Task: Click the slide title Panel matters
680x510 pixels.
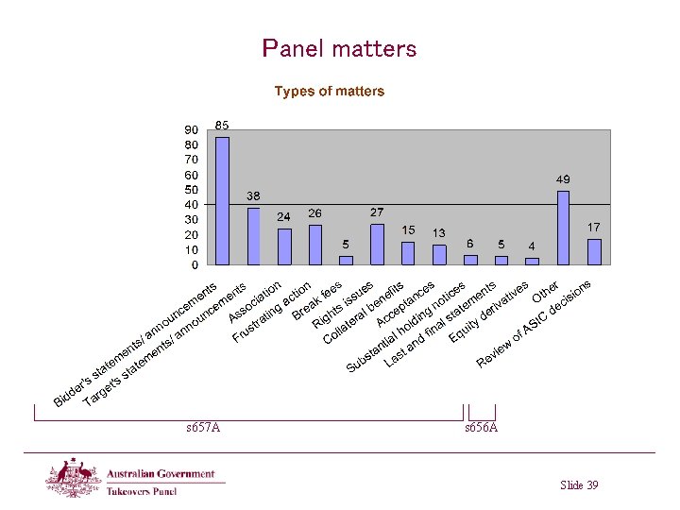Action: tap(339, 48)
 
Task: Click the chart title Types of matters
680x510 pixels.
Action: tap(330, 92)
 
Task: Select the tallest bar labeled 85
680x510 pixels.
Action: tap(222, 200)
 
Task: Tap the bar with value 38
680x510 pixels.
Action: tap(253, 236)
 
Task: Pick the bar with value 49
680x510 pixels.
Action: tap(563, 228)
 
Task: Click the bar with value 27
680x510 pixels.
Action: tap(377, 244)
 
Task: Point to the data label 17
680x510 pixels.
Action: tap(594, 228)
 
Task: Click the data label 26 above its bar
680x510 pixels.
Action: tap(315, 213)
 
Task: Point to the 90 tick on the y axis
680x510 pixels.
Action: tap(191, 130)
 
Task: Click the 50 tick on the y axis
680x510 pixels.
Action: tap(191, 190)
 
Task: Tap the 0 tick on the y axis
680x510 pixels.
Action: tap(195, 265)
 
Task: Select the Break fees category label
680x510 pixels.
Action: tap(316, 300)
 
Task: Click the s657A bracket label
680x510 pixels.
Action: tap(203, 428)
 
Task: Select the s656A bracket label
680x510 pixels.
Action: tap(481, 428)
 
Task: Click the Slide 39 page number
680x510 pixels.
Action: tap(579, 485)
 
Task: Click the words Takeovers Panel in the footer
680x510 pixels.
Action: tap(142, 491)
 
